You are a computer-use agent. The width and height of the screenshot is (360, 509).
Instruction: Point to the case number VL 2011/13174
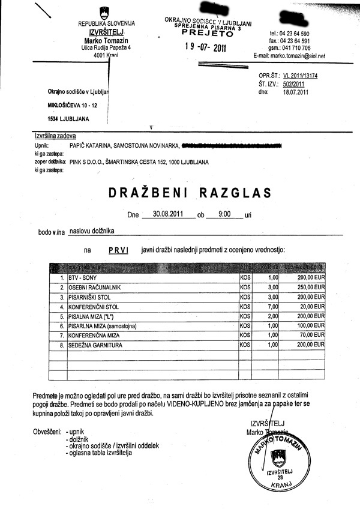pyautogui.click(x=301, y=76)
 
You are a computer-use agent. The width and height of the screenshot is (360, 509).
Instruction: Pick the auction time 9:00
pyautogui.click(x=223, y=213)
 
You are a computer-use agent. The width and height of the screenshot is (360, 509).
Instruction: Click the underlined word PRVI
pyautogui.click(x=119, y=248)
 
